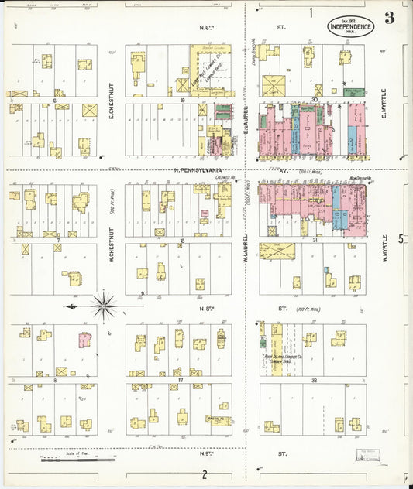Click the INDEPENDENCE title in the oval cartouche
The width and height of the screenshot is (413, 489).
click(352, 26)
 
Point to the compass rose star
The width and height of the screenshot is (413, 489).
click(103, 306)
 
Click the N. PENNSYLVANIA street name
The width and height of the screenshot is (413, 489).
click(198, 169)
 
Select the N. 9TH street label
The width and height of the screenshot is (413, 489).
click(207, 453)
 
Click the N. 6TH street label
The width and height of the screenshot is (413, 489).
click(207, 28)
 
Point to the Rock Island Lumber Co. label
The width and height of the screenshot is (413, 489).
click(279, 358)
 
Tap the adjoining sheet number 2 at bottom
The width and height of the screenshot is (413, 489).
click(205, 474)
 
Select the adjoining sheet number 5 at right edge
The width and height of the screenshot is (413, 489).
click(401, 238)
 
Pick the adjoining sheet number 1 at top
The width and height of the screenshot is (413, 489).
click(311, 12)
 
